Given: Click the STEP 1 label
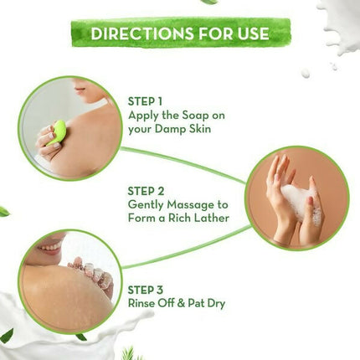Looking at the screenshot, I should tap(147, 100).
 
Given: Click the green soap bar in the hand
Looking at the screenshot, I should tap(58, 132).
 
